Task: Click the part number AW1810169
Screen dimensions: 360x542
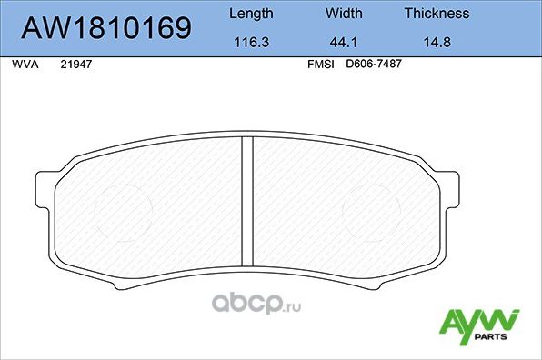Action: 105,29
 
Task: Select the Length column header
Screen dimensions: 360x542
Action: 250,14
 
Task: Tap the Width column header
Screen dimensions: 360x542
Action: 344,14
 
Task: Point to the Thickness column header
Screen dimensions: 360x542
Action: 437,14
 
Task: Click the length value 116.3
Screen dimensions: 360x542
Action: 250,42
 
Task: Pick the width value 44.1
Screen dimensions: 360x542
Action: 344,42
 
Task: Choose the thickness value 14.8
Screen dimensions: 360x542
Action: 437,42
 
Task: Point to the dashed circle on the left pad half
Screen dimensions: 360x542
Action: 122,209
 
